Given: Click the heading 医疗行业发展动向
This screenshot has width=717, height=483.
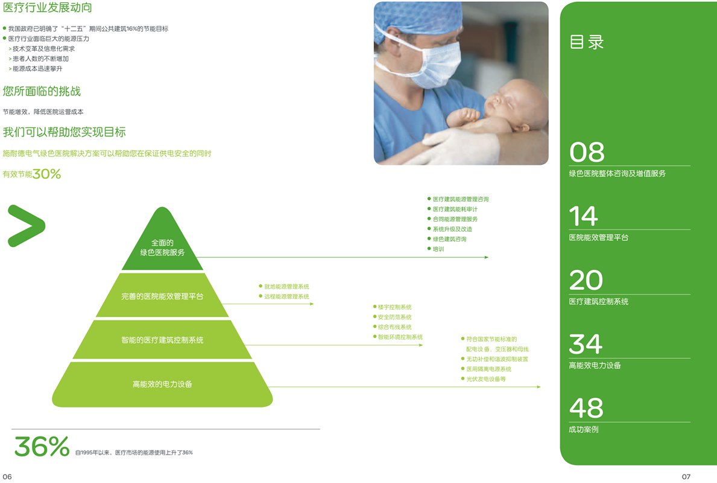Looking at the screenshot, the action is [x=47, y=7].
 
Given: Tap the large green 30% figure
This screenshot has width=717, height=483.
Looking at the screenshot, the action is [x=46, y=174].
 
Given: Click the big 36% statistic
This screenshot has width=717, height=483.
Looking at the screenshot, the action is [x=42, y=446].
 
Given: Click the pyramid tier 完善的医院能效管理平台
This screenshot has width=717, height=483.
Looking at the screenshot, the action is [x=162, y=295].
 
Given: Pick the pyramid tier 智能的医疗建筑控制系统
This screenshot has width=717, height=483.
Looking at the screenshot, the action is [x=162, y=339].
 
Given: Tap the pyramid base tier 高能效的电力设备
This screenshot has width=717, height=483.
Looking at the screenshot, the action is [x=162, y=384].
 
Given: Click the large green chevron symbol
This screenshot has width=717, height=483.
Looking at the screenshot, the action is [x=27, y=226].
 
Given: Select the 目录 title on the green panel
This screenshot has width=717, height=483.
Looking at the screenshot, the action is [x=587, y=42].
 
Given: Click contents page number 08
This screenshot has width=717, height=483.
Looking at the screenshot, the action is [x=587, y=152].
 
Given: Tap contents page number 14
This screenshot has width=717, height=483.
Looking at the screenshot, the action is [x=584, y=216].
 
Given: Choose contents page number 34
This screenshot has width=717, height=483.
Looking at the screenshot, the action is [x=586, y=344].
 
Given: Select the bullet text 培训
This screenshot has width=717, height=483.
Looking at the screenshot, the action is [x=438, y=249].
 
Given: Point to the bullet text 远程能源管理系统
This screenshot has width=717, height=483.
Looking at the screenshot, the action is [x=286, y=296].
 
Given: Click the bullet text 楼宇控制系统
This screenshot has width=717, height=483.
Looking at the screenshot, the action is [x=394, y=307].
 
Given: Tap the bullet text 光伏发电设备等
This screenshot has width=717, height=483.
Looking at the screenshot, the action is [x=486, y=379].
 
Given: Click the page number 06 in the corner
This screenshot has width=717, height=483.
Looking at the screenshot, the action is [x=7, y=476].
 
